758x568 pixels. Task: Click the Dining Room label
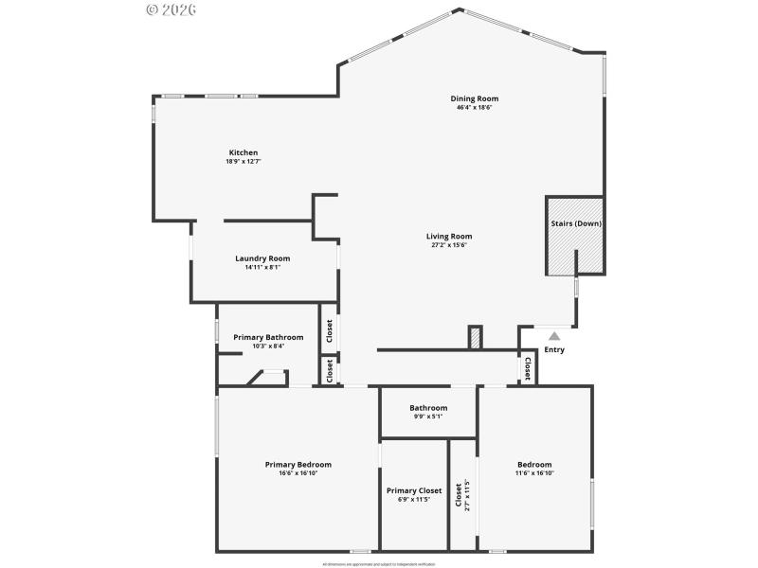pos(474,98)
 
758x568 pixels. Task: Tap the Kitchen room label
pos(244,152)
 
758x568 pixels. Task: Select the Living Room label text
pos(449,237)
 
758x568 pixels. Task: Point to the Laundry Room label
pos(262,258)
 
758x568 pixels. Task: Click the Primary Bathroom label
pos(268,337)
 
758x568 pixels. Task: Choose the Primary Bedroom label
pos(298,465)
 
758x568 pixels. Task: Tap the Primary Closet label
pos(414,490)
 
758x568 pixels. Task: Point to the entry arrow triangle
pos(554,334)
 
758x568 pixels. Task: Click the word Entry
pos(554,350)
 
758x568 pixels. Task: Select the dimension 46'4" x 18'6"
pos(474,107)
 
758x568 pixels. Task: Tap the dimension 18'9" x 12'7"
pos(244,162)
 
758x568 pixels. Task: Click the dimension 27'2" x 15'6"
pos(449,245)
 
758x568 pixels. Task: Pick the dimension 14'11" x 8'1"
pos(262,267)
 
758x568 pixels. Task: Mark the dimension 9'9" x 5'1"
pos(428,417)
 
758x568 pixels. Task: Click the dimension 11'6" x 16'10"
pos(534,473)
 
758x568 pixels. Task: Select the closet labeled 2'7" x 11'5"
pos(462,494)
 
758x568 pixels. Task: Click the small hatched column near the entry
pos(476,337)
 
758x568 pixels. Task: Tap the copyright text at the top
pos(171,9)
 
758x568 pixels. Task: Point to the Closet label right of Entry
pos(528,367)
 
